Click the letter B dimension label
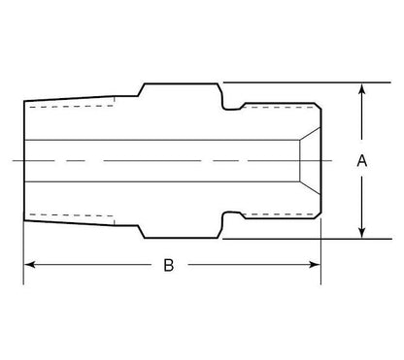168,266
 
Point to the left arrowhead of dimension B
29,264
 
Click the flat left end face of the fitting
23,160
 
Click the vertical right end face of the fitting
321,160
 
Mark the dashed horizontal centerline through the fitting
175,159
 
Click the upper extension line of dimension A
291,82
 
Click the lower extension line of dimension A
291,238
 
